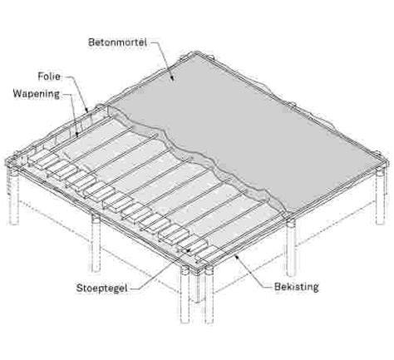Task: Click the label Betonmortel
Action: click(118, 42)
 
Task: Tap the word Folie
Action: click(49, 76)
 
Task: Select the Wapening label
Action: click(37, 94)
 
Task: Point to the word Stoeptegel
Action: click(101, 288)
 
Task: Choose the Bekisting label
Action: click(296, 287)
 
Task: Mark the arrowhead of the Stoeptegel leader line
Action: click(188, 250)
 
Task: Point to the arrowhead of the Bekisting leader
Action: click(237, 257)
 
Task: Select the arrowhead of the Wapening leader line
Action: click(77, 135)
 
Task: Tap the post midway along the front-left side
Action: click(96, 244)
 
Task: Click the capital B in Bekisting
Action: click(278, 287)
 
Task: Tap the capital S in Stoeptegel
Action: click(80, 288)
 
